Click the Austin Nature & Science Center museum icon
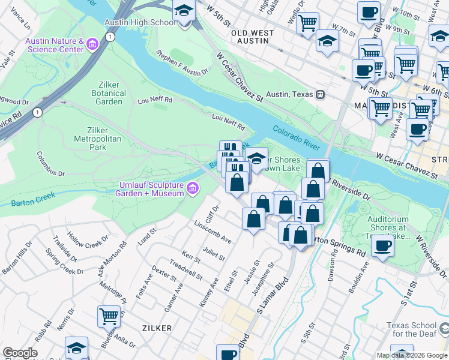(x=92, y=44)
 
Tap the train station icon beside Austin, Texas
(x=321, y=95)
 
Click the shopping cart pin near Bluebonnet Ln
(x=109, y=316)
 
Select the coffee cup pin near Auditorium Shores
(x=382, y=245)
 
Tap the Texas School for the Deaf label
(x=412, y=329)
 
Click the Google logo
(x=19, y=353)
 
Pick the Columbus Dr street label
(x=50, y=164)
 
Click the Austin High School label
(x=140, y=22)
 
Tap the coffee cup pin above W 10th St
(x=368, y=11)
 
